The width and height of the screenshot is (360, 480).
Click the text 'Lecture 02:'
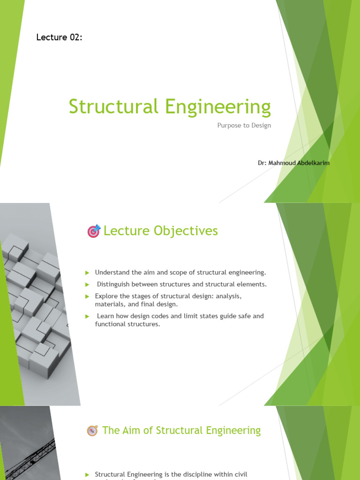59,37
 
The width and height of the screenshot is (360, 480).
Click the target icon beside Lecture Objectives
94,231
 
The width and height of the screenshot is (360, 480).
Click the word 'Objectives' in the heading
191,231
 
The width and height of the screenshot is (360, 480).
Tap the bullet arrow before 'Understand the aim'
87,273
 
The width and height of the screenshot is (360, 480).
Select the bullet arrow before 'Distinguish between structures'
87,285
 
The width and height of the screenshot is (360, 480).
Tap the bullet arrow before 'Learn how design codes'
87,316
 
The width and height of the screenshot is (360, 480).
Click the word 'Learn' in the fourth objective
105,316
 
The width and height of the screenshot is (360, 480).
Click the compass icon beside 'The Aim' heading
92,431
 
